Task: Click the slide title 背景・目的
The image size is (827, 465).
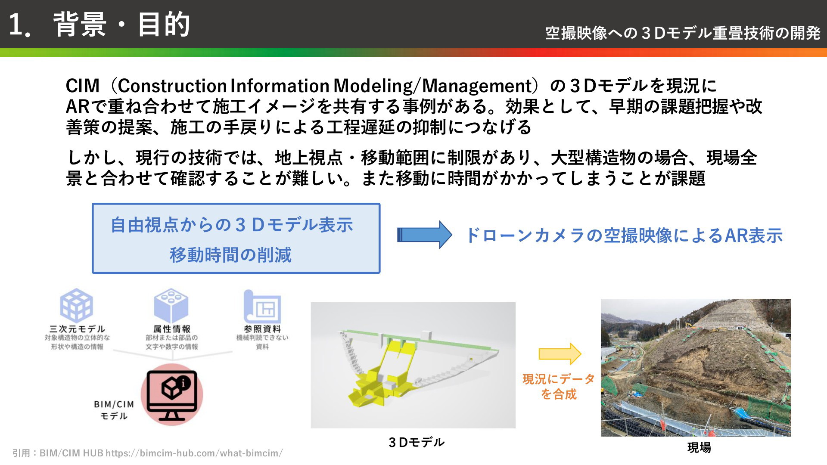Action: click(122, 24)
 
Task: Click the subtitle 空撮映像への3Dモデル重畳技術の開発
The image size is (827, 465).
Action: click(683, 33)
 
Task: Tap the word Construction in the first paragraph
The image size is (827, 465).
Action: click(172, 86)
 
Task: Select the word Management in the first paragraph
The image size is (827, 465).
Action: click(477, 86)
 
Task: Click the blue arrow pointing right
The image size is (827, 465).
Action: click(424, 235)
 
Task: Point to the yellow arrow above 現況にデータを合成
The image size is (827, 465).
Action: click(560, 354)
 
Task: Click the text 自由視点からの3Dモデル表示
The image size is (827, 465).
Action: click(232, 225)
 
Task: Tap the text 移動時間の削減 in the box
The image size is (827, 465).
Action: click(230, 255)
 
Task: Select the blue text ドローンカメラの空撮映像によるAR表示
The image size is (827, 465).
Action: click(624, 236)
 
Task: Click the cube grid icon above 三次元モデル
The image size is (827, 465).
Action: click(76, 305)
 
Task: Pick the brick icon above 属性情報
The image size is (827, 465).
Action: click(171, 305)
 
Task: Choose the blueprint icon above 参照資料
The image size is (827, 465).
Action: click(262, 306)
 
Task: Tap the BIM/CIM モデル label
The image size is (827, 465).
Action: click(114, 410)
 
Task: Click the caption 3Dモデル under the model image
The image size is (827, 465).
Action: click(416, 442)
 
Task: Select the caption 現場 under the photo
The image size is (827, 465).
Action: click(699, 448)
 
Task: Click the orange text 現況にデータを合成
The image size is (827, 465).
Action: click(559, 387)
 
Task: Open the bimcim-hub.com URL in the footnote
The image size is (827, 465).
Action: click(194, 453)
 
